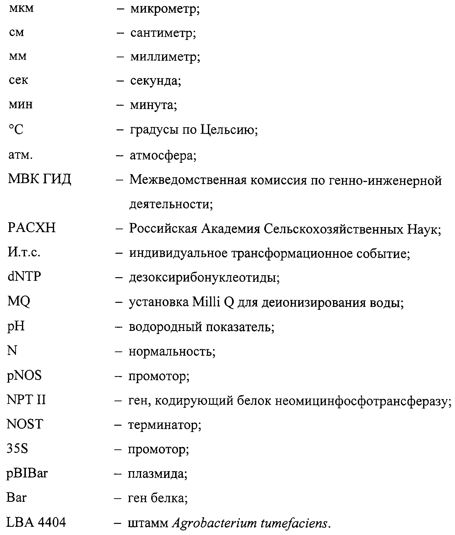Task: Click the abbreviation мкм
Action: coord(21,8)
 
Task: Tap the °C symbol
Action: coord(16,129)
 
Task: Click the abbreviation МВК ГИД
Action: coord(39,179)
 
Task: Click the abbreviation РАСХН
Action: coord(31,228)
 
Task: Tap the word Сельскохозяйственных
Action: coord(333,229)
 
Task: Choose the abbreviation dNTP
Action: coord(24,276)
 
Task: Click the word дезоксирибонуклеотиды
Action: coord(204,278)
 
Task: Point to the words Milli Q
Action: coord(213,302)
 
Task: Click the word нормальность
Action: coord(171,351)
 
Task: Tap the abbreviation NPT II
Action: coord(26,400)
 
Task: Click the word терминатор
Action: coord(164,425)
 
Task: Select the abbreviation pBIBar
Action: coord(27,473)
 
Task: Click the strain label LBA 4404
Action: coord(36,522)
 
